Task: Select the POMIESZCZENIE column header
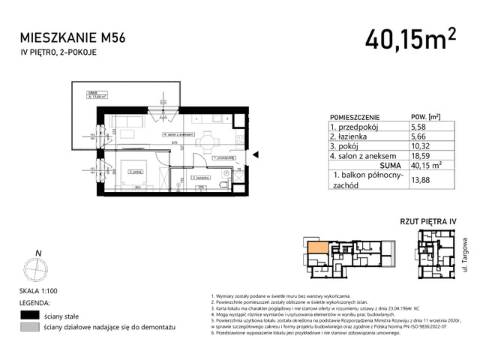355,118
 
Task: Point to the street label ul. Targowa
465,250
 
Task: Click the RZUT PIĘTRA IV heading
428,222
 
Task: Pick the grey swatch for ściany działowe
30,328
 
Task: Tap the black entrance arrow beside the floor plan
256,155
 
